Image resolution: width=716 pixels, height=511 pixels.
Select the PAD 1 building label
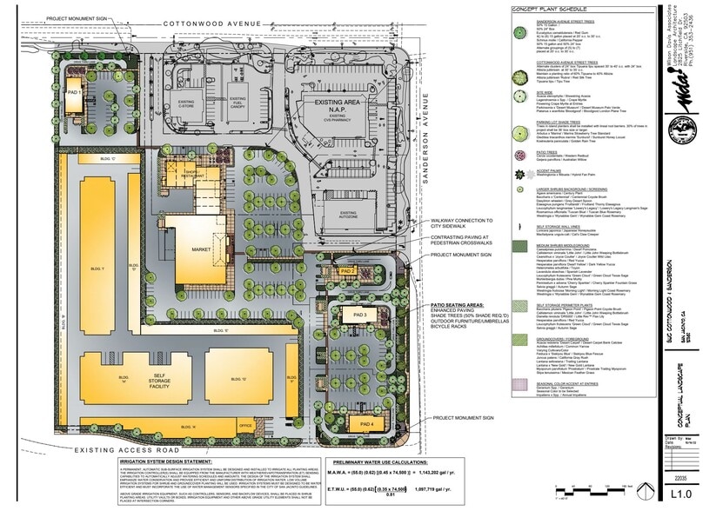point(74,92)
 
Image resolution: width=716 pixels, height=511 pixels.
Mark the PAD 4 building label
point(365,424)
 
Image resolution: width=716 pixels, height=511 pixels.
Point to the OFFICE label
point(245,425)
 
